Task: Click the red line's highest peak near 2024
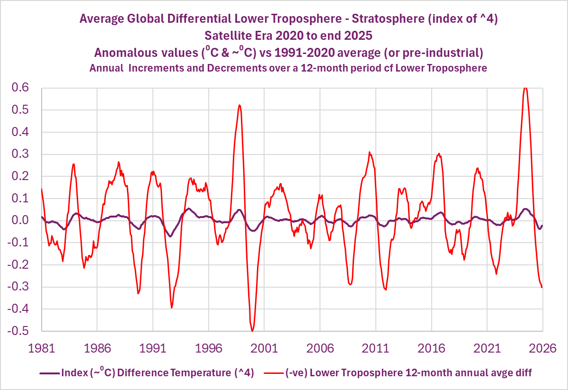(x=525, y=88)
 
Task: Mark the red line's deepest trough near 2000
(x=252, y=331)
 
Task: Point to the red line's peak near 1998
(x=240, y=105)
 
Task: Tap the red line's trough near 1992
(x=172, y=308)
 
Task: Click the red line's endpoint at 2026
(x=542, y=287)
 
